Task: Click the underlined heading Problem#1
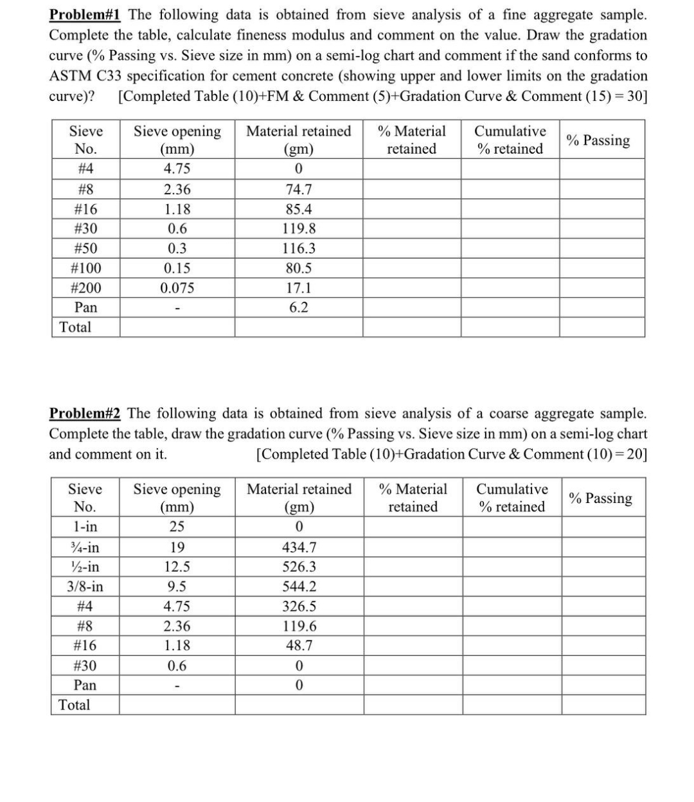pyautogui.click(x=85, y=14)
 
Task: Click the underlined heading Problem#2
pyautogui.click(x=85, y=413)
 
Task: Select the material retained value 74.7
pyautogui.click(x=298, y=189)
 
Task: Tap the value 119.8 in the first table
pyautogui.click(x=298, y=228)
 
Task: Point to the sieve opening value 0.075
pyautogui.click(x=177, y=287)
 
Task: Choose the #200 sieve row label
pyautogui.click(x=85, y=287)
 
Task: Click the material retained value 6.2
pyautogui.click(x=298, y=307)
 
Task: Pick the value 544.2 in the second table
pyautogui.click(x=299, y=587)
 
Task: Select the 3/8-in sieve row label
pyautogui.click(x=85, y=587)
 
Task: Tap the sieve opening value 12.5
pyautogui.click(x=177, y=567)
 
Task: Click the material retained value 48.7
pyautogui.click(x=299, y=645)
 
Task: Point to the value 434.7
pyautogui.click(x=299, y=547)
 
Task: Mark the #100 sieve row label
pyautogui.click(x=85, y=268)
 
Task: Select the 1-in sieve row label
pyautogui.click(x=85, y=527)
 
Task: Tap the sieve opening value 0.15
pyautogui.click(x=177, y=268)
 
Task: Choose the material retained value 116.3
pyautogui.click(x=298, y=248)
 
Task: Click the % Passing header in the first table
pyautogui.click(x=598, y=140)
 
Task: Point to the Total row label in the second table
pyautogui.click(x=75, y=704)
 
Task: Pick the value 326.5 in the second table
pyautogui.click(x=299, y=606)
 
